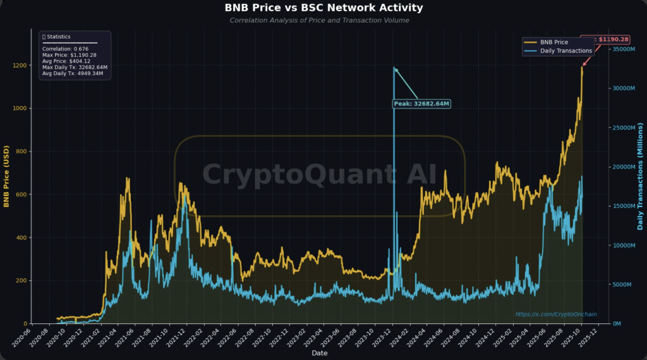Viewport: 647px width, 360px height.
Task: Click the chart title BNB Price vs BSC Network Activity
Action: click(323, 8)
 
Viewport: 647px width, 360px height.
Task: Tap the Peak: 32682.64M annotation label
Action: click(421, 104)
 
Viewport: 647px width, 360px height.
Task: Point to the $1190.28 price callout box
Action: click(605, 39)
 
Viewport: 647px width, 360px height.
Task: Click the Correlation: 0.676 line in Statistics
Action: click(64, 49)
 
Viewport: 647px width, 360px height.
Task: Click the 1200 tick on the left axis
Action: click(20, 66)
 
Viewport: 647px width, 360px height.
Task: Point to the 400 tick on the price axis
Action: click(21, 238)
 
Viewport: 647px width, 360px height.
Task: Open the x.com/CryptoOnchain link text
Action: click(555, 314)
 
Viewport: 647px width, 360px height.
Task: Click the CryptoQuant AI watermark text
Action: click(319, 174)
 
